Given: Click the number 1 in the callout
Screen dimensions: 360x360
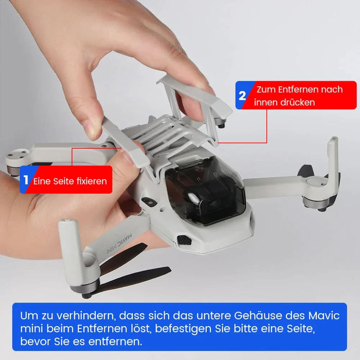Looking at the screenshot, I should pos(26,181).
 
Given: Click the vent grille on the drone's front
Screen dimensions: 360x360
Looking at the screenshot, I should pos(184,240).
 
